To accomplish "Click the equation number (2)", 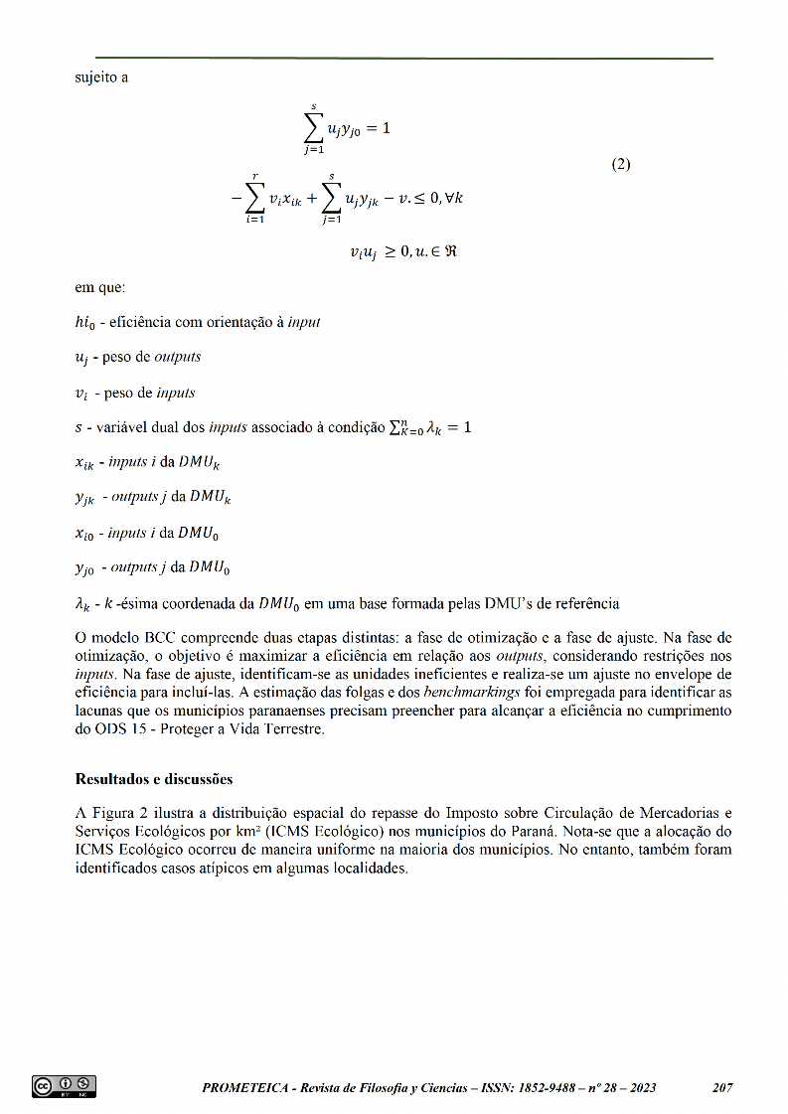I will click(x=620, y=164).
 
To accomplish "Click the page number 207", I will click(x=722, y=1088).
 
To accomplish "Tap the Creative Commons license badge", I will click(x=65, y=1086).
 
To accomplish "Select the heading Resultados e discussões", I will click(x=154, y=778).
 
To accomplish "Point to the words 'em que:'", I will click(x=99, y=288).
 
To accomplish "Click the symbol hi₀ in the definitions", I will click(x=86, y=322).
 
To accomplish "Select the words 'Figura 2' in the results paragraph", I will click(x=116, y=813).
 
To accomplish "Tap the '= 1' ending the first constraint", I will click(x=379, y=129).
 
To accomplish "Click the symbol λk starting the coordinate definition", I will click(x=83, y=603).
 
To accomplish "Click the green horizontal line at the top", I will click(x=404, y=59).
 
